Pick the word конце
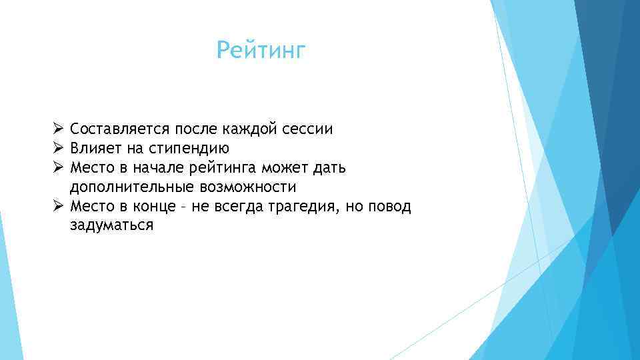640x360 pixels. click(155, 206)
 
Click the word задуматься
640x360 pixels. click(111, 225)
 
